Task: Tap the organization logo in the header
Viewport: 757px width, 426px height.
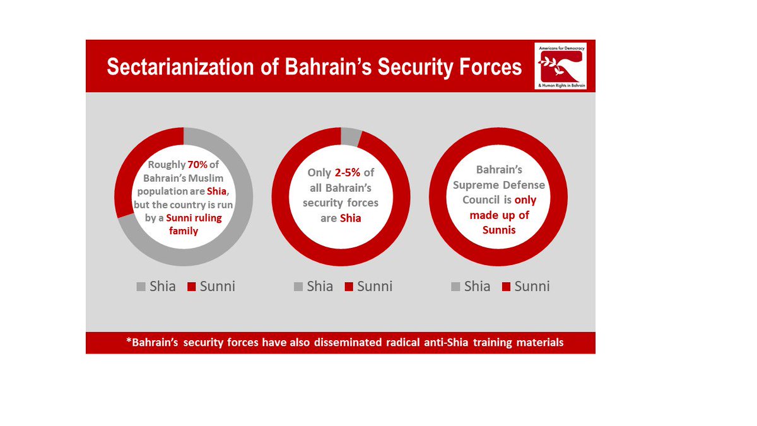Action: [561, 66]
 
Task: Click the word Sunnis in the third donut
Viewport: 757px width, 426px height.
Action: [499, 230]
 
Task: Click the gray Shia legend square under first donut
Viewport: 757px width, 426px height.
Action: [141, 287]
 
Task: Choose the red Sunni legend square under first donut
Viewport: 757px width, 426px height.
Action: [191, 287]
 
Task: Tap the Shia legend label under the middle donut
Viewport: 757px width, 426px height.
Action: [319, 287]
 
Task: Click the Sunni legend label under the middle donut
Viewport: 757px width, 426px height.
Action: [374, 287]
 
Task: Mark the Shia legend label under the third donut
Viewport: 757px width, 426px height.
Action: [477, 287]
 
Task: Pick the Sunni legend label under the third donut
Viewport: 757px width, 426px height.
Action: [532, 287]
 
